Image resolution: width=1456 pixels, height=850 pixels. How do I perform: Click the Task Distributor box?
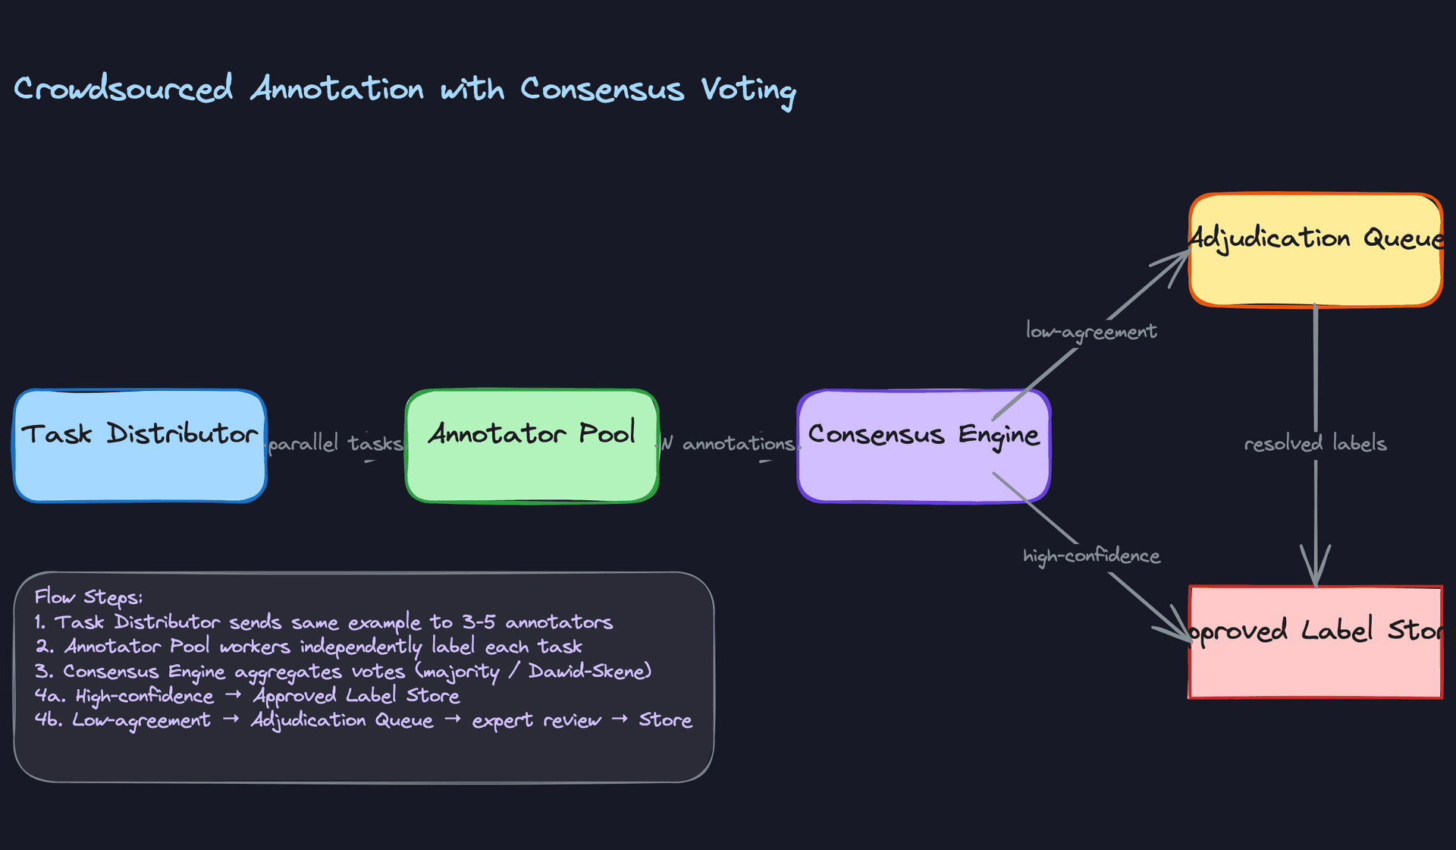point(140,446)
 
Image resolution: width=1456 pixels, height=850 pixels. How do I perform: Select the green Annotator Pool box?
point(532,446)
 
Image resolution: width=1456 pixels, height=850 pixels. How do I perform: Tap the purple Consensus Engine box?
point(924,446)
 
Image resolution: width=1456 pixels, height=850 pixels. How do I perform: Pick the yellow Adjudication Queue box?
point(1316,250)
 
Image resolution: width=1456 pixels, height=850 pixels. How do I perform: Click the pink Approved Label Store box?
point(1316,642)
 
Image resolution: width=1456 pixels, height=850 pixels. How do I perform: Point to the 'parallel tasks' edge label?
point(335,443)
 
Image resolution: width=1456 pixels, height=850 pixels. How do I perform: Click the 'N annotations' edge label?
point(728,443)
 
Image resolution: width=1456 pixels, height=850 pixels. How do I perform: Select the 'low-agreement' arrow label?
point(1091,332)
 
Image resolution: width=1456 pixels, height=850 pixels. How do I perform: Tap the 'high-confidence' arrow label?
point(1091,556)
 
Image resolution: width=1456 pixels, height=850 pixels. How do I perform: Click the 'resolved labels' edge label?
point(1316,443)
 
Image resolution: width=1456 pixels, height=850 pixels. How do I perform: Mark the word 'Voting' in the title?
point(748,90)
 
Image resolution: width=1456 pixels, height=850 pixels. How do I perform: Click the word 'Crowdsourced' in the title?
point(123,89)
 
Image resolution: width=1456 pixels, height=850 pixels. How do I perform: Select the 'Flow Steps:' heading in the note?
point(88,597)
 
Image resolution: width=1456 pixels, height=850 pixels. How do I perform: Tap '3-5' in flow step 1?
point(479,622)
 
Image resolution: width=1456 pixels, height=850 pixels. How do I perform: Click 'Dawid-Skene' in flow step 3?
point(588,671)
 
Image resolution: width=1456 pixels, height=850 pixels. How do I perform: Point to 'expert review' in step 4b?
point(536,720)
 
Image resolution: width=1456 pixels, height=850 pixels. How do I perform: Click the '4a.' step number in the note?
point(49,696)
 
